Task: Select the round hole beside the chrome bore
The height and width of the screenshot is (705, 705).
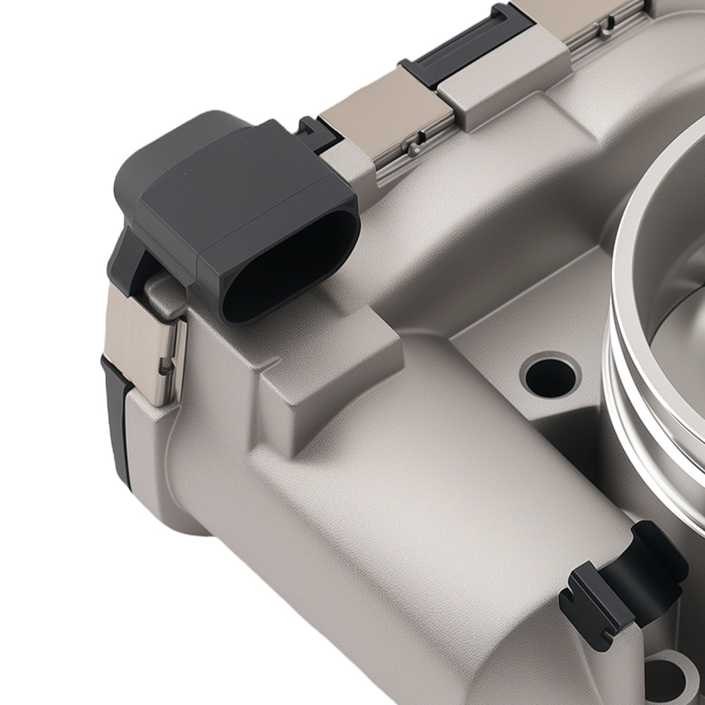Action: coord(550,376)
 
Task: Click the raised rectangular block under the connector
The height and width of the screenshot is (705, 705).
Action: coord(331,367)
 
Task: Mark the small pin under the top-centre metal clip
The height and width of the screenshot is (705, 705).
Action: coord(414,149)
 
